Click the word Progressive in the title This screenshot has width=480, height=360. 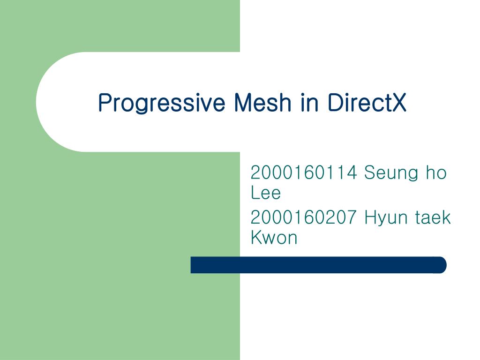(162, 103)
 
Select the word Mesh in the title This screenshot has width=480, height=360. (262, 102)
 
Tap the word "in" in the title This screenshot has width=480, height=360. (309, 102)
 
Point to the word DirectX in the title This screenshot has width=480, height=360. (367, 102)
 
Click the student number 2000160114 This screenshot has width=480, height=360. (304, 172)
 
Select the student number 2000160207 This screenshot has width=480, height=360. (304, 217)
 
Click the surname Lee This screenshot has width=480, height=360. (265, 192)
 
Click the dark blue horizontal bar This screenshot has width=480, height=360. (318, 265)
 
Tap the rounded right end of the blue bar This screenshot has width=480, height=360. (442, 265)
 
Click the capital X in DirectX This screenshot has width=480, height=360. (399, 103)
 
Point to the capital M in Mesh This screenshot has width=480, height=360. (243, 103)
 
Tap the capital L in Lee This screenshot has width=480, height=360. (255, 192)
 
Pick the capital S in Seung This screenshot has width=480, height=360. (370, 172)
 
